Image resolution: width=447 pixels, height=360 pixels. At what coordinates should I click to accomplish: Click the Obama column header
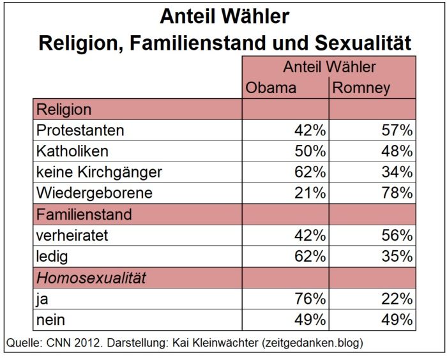(x=271, y=88)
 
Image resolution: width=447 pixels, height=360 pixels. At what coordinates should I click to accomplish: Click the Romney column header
(x=361, y=88)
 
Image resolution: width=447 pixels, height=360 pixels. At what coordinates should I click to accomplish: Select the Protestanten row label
(x=80, y=130)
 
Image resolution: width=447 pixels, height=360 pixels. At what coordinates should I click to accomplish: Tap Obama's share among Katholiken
(x=309, y=151)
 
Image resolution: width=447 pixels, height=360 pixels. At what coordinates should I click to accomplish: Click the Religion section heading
(x=64, y=109)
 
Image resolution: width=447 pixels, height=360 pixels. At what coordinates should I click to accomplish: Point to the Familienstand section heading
(x=84, y=214)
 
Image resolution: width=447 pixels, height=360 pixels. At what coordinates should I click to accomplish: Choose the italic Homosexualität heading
(x=91, y=278)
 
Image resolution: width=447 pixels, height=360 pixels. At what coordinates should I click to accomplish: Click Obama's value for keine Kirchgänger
(x=309, y=172)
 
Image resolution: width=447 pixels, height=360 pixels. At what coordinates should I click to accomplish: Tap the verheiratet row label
(x=73, y=235)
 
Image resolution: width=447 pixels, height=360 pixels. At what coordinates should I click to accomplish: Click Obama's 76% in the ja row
(x=309, y=298)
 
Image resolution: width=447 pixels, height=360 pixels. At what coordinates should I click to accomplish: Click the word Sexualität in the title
(x=363, y=43)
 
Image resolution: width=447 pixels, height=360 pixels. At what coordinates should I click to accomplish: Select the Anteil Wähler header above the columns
(x=329, y=67)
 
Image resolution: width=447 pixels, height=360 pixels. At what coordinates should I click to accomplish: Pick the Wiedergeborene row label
(x=94, y=193)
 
